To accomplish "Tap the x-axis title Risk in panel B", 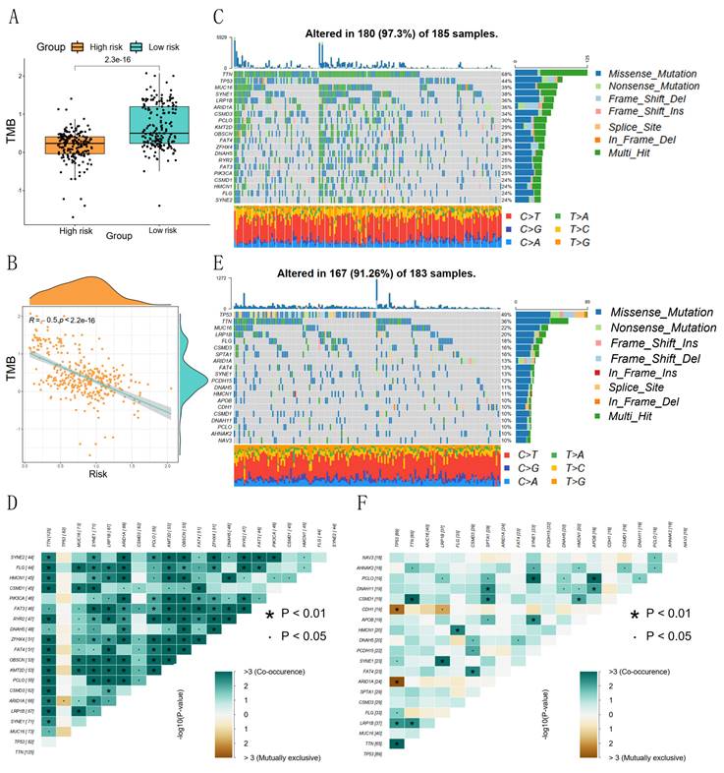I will (x=96, y=475).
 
